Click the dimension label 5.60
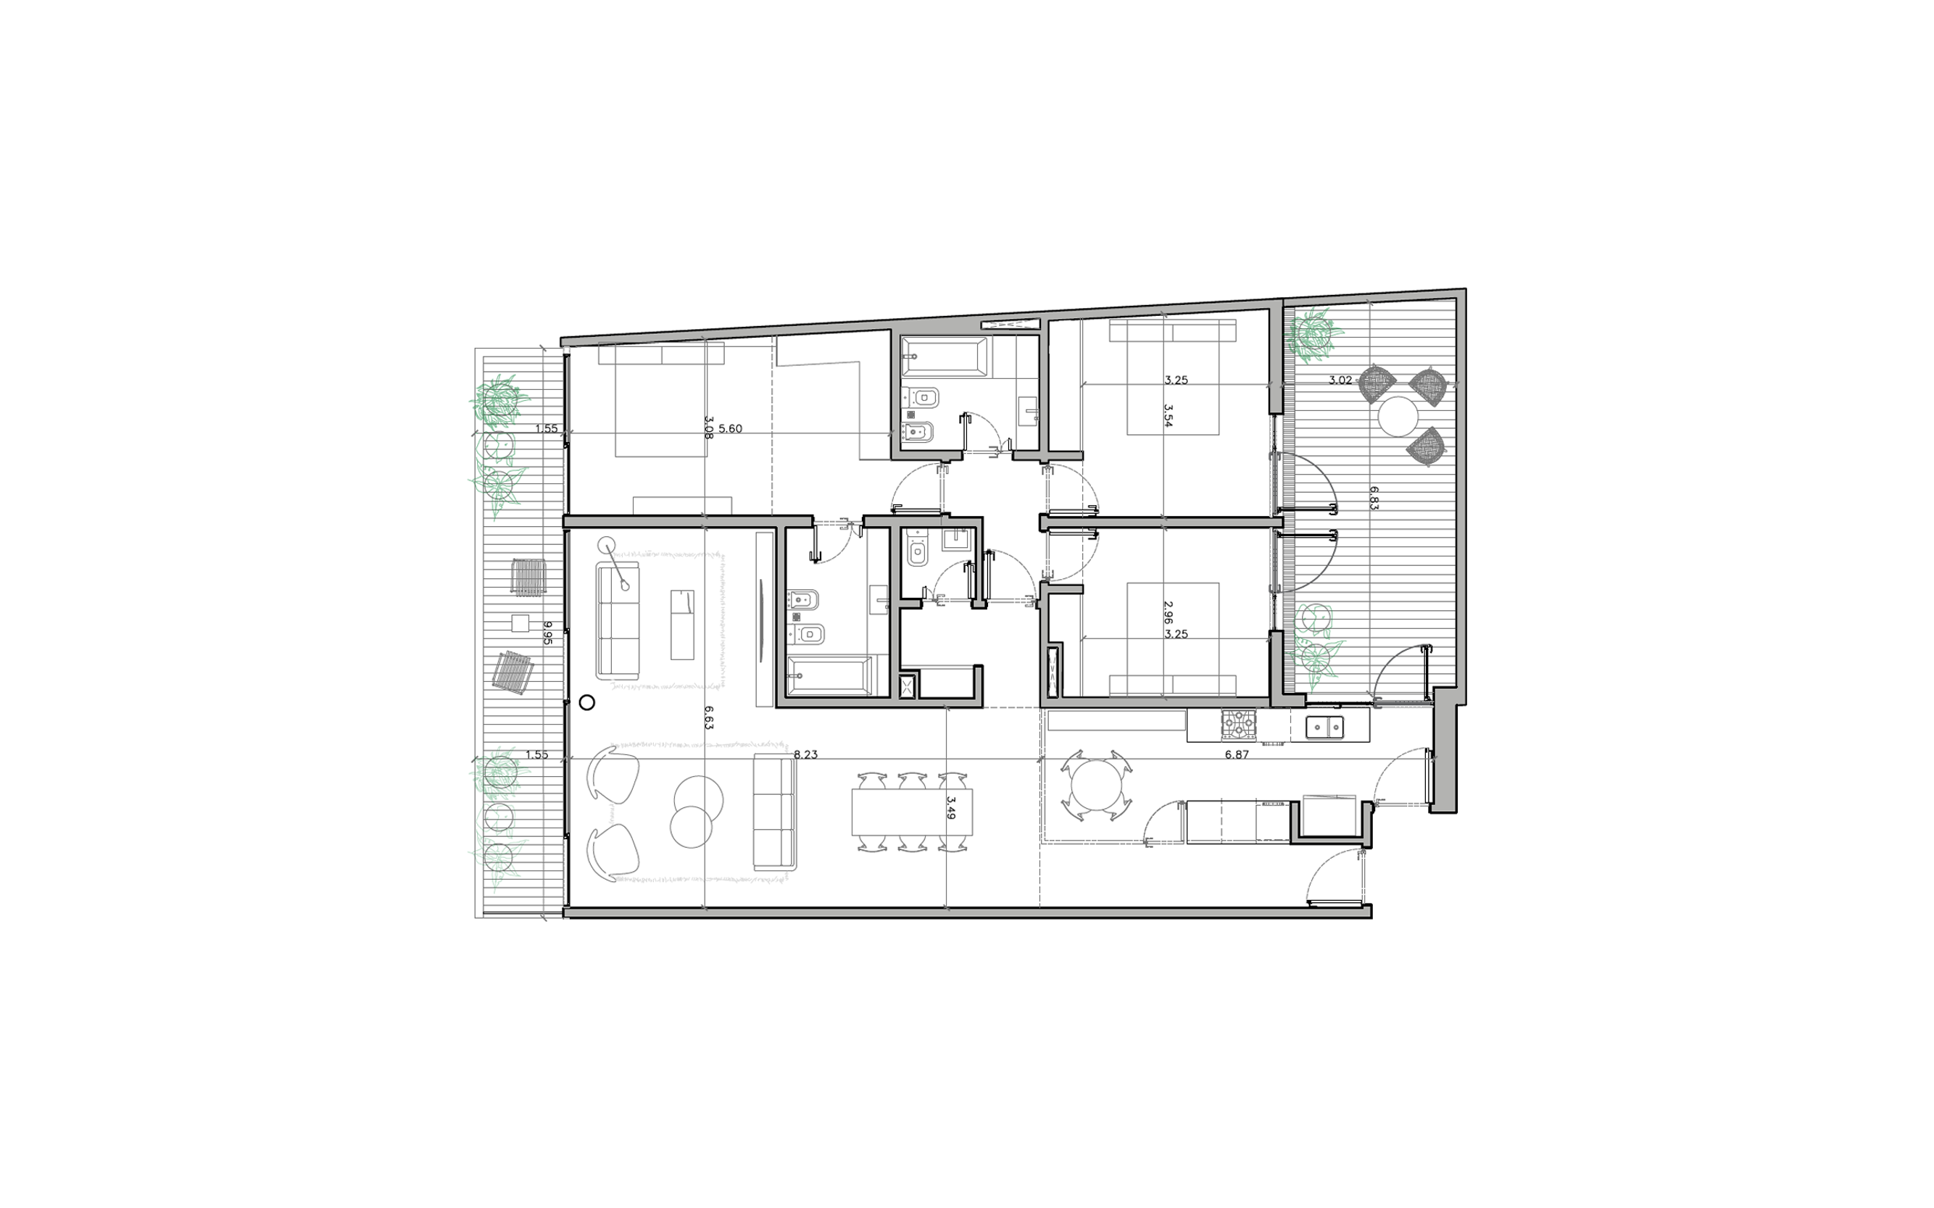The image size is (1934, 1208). click(730, 429)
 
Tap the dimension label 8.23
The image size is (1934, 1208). click(805, 754)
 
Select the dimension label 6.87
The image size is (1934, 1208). click(1237, 754)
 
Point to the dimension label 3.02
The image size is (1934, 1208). click(1340, 380)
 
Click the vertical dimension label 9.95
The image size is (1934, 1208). click(548, 633)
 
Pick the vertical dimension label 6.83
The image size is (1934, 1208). click(1374, 498)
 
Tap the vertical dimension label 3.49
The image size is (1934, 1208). click(951, 808)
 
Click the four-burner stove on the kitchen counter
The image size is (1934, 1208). click(1239, 725)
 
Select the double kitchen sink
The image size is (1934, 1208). click(1325, 727)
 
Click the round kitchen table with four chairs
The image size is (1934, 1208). click(1095, 786)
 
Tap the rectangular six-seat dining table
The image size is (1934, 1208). click(913, 812)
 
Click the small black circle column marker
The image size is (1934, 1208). click(586, 703)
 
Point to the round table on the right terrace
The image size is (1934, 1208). click(1398, 416)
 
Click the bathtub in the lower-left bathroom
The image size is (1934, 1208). click(829, 677)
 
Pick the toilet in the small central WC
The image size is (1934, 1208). click(918, 551)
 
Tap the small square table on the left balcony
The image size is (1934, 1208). click(520, 623)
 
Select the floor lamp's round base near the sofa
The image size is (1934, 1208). click(607, 545)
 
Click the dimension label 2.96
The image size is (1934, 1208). click(1168, 613)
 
